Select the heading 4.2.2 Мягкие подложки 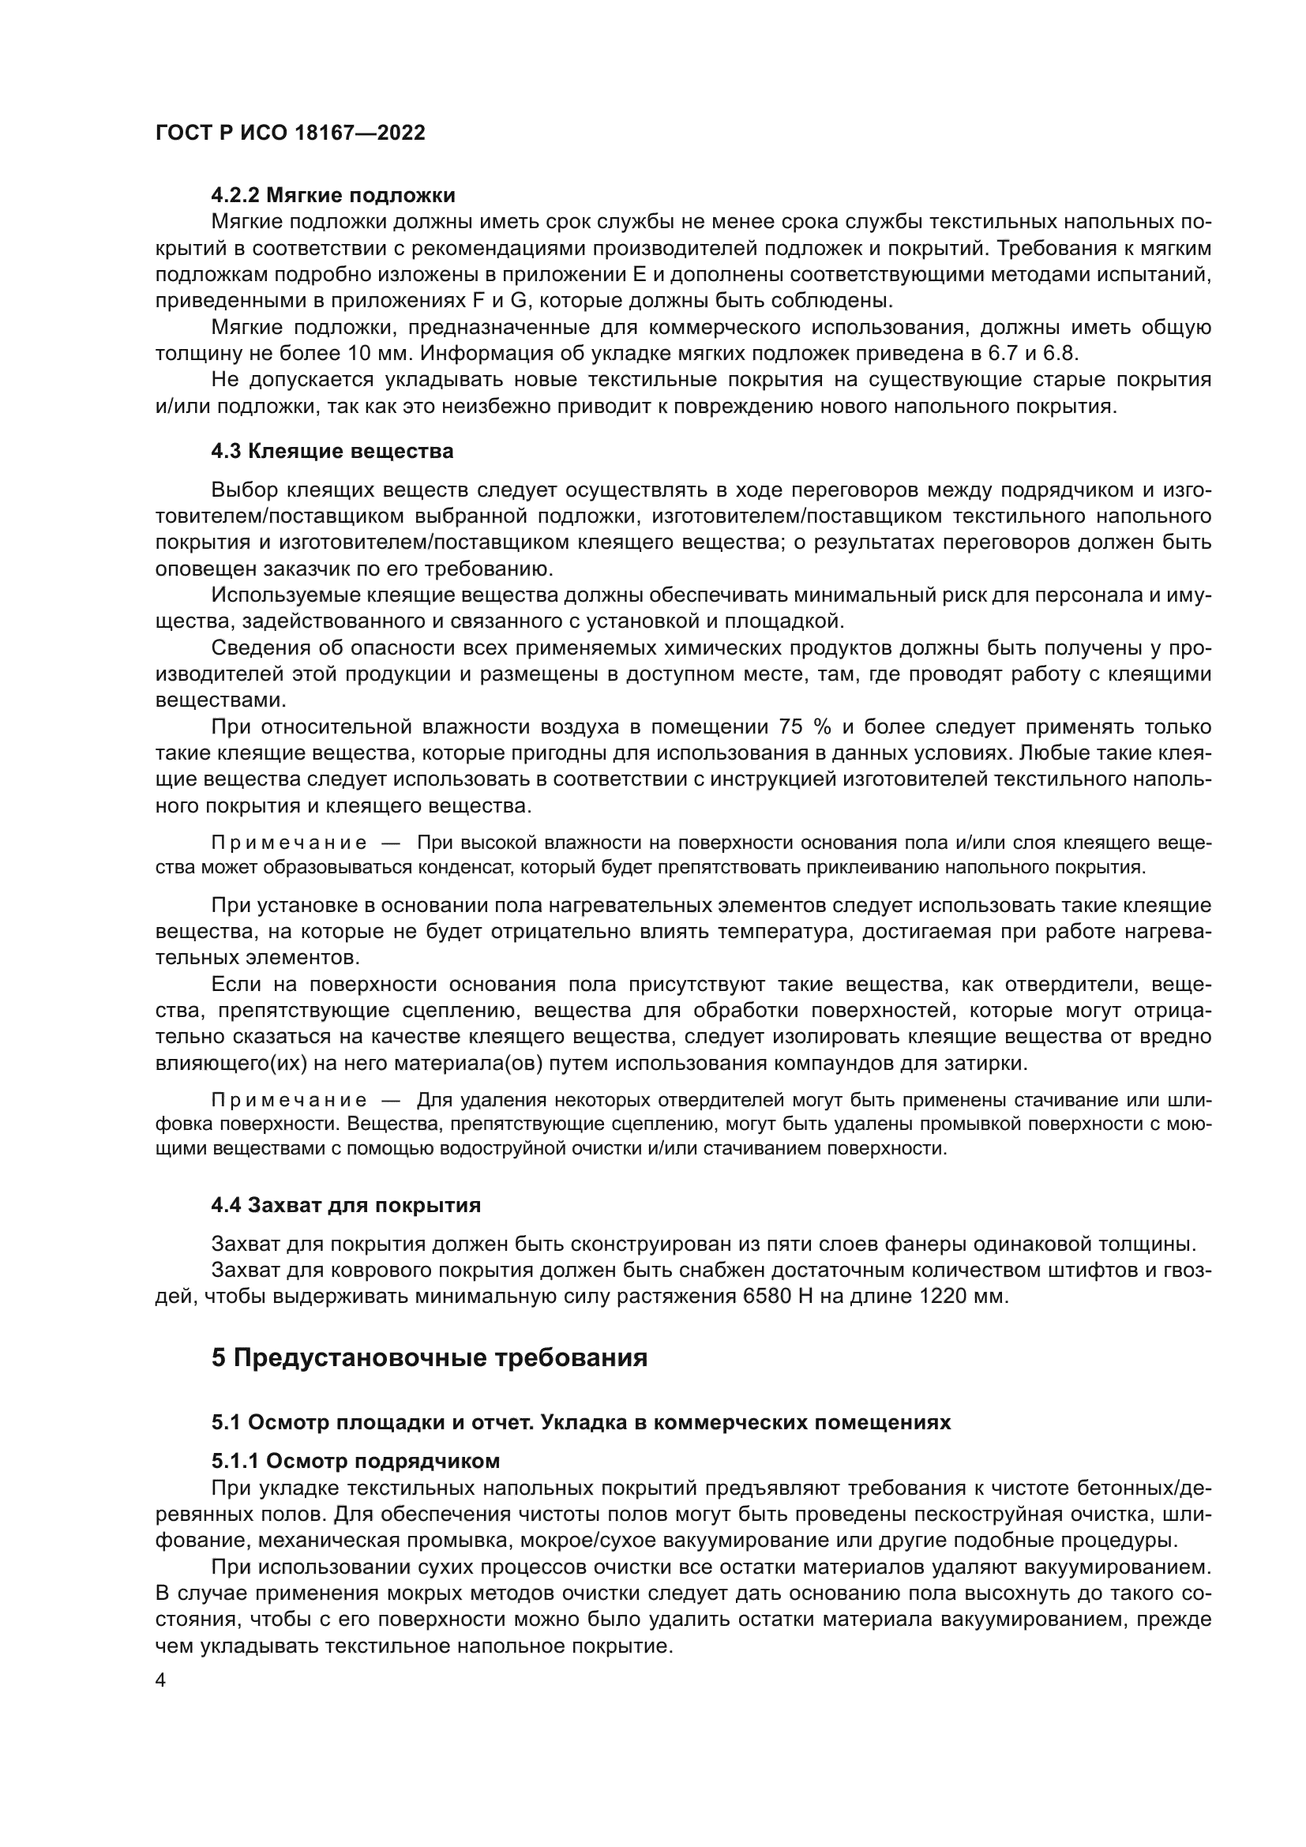tap(333, 196)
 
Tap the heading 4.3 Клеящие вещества tap(332, 452)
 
